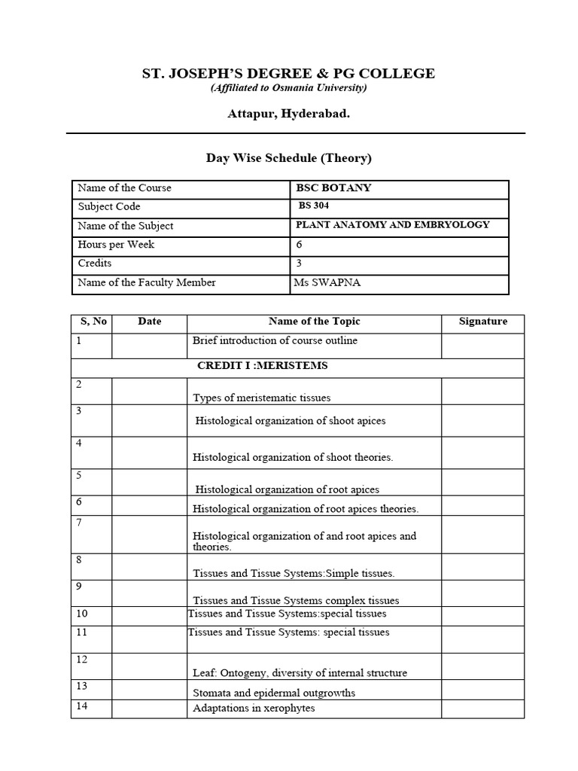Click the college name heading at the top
[x=288, y=73]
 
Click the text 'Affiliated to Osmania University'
[x=288, y=88]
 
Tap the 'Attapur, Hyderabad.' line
[x=288, y=114]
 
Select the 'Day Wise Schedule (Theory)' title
[x=289, y=158]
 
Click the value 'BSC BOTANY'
[x=334, y=187]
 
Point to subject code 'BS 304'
[x=314, y=206]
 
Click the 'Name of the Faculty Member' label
[x=147, y=282]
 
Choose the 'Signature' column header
[x=482, y=322]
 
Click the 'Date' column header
[x=150, y=322]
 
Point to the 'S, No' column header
[x=93, y=322]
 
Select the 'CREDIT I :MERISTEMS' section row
[x=262, y=366]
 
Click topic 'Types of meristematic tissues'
[x=261, y=398]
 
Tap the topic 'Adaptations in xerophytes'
[x=254, y=709]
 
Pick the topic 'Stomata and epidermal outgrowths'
[x=274, y=693]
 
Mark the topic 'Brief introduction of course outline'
[x=275, y=341]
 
